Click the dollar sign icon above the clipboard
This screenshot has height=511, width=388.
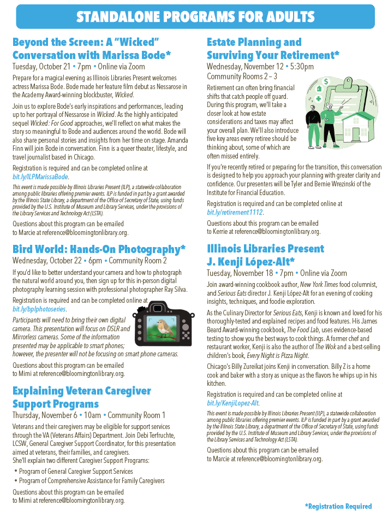click(326, 82)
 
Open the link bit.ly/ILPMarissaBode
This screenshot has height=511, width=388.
click(40, 177)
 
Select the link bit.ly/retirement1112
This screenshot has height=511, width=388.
click(235, 212)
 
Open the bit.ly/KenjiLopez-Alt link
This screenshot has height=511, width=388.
click(233, 403)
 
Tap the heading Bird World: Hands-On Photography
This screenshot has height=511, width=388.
click(98, 249)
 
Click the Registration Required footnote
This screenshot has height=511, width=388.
click(338, 506)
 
